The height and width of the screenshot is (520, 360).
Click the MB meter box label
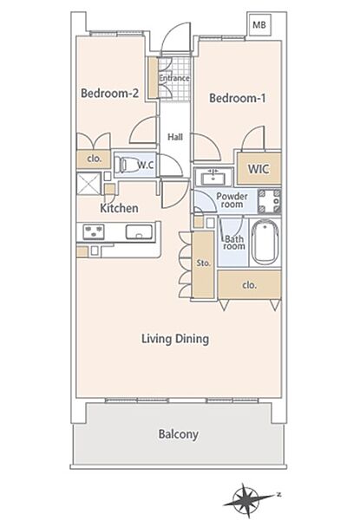point(259,25)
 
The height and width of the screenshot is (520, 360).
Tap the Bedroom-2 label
point(109,94)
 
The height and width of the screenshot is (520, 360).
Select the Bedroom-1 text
point(237,98)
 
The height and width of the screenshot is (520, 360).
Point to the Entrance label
point(174,78)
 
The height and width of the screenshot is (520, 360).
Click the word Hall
point(175,137)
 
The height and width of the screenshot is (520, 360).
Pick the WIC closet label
point(259,169)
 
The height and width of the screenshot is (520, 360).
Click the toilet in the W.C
point(125,164)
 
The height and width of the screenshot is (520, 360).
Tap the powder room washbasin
point(213,177)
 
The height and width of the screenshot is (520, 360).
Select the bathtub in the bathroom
point(264,243)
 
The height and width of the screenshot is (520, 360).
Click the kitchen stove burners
point(93,231)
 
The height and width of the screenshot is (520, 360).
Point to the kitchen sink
point(139,231)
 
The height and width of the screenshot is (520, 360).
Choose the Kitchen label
point(119,208)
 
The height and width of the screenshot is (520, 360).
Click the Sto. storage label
point(203,263)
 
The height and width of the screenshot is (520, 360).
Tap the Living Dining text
point(175,339)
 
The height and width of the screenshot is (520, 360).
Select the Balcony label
point(178,434)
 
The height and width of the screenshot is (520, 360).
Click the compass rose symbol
point(245,500)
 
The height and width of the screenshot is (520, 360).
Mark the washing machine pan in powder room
point(269,201)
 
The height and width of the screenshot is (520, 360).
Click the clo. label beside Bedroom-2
point(94,159)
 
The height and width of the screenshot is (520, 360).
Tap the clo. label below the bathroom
point(249,285)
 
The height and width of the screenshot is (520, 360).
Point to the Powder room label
point(232,200)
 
